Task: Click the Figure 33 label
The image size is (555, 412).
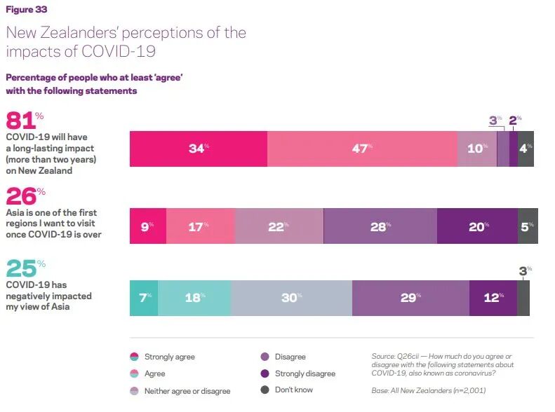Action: point(27,10)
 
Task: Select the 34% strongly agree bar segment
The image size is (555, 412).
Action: point(199,149)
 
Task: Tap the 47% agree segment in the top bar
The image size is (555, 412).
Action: point(362,149)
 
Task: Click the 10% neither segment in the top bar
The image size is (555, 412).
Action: point(477,149)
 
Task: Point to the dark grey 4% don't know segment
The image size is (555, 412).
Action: point(526,149)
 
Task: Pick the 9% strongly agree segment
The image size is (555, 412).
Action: point(148,226)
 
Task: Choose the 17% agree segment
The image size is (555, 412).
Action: point(201,226)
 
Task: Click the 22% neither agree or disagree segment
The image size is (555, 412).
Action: point(279,226)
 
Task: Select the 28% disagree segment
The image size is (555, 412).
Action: point(380,226)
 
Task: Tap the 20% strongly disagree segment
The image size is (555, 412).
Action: point(478,226)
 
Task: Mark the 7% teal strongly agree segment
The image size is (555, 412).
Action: point(144,298)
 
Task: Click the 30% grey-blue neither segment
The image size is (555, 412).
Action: point(291,298)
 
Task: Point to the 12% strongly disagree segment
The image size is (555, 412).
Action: point(493,298)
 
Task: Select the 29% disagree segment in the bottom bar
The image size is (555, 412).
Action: point(411,298)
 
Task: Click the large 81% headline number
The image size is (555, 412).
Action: point(25,120)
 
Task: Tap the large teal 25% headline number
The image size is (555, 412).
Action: point(25,268)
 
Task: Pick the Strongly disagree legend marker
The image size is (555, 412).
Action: point(265,373)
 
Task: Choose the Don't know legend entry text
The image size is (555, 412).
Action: point(294,390)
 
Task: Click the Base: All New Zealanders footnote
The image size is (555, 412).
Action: point(429,390)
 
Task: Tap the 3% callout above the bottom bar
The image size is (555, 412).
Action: point(526,271)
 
